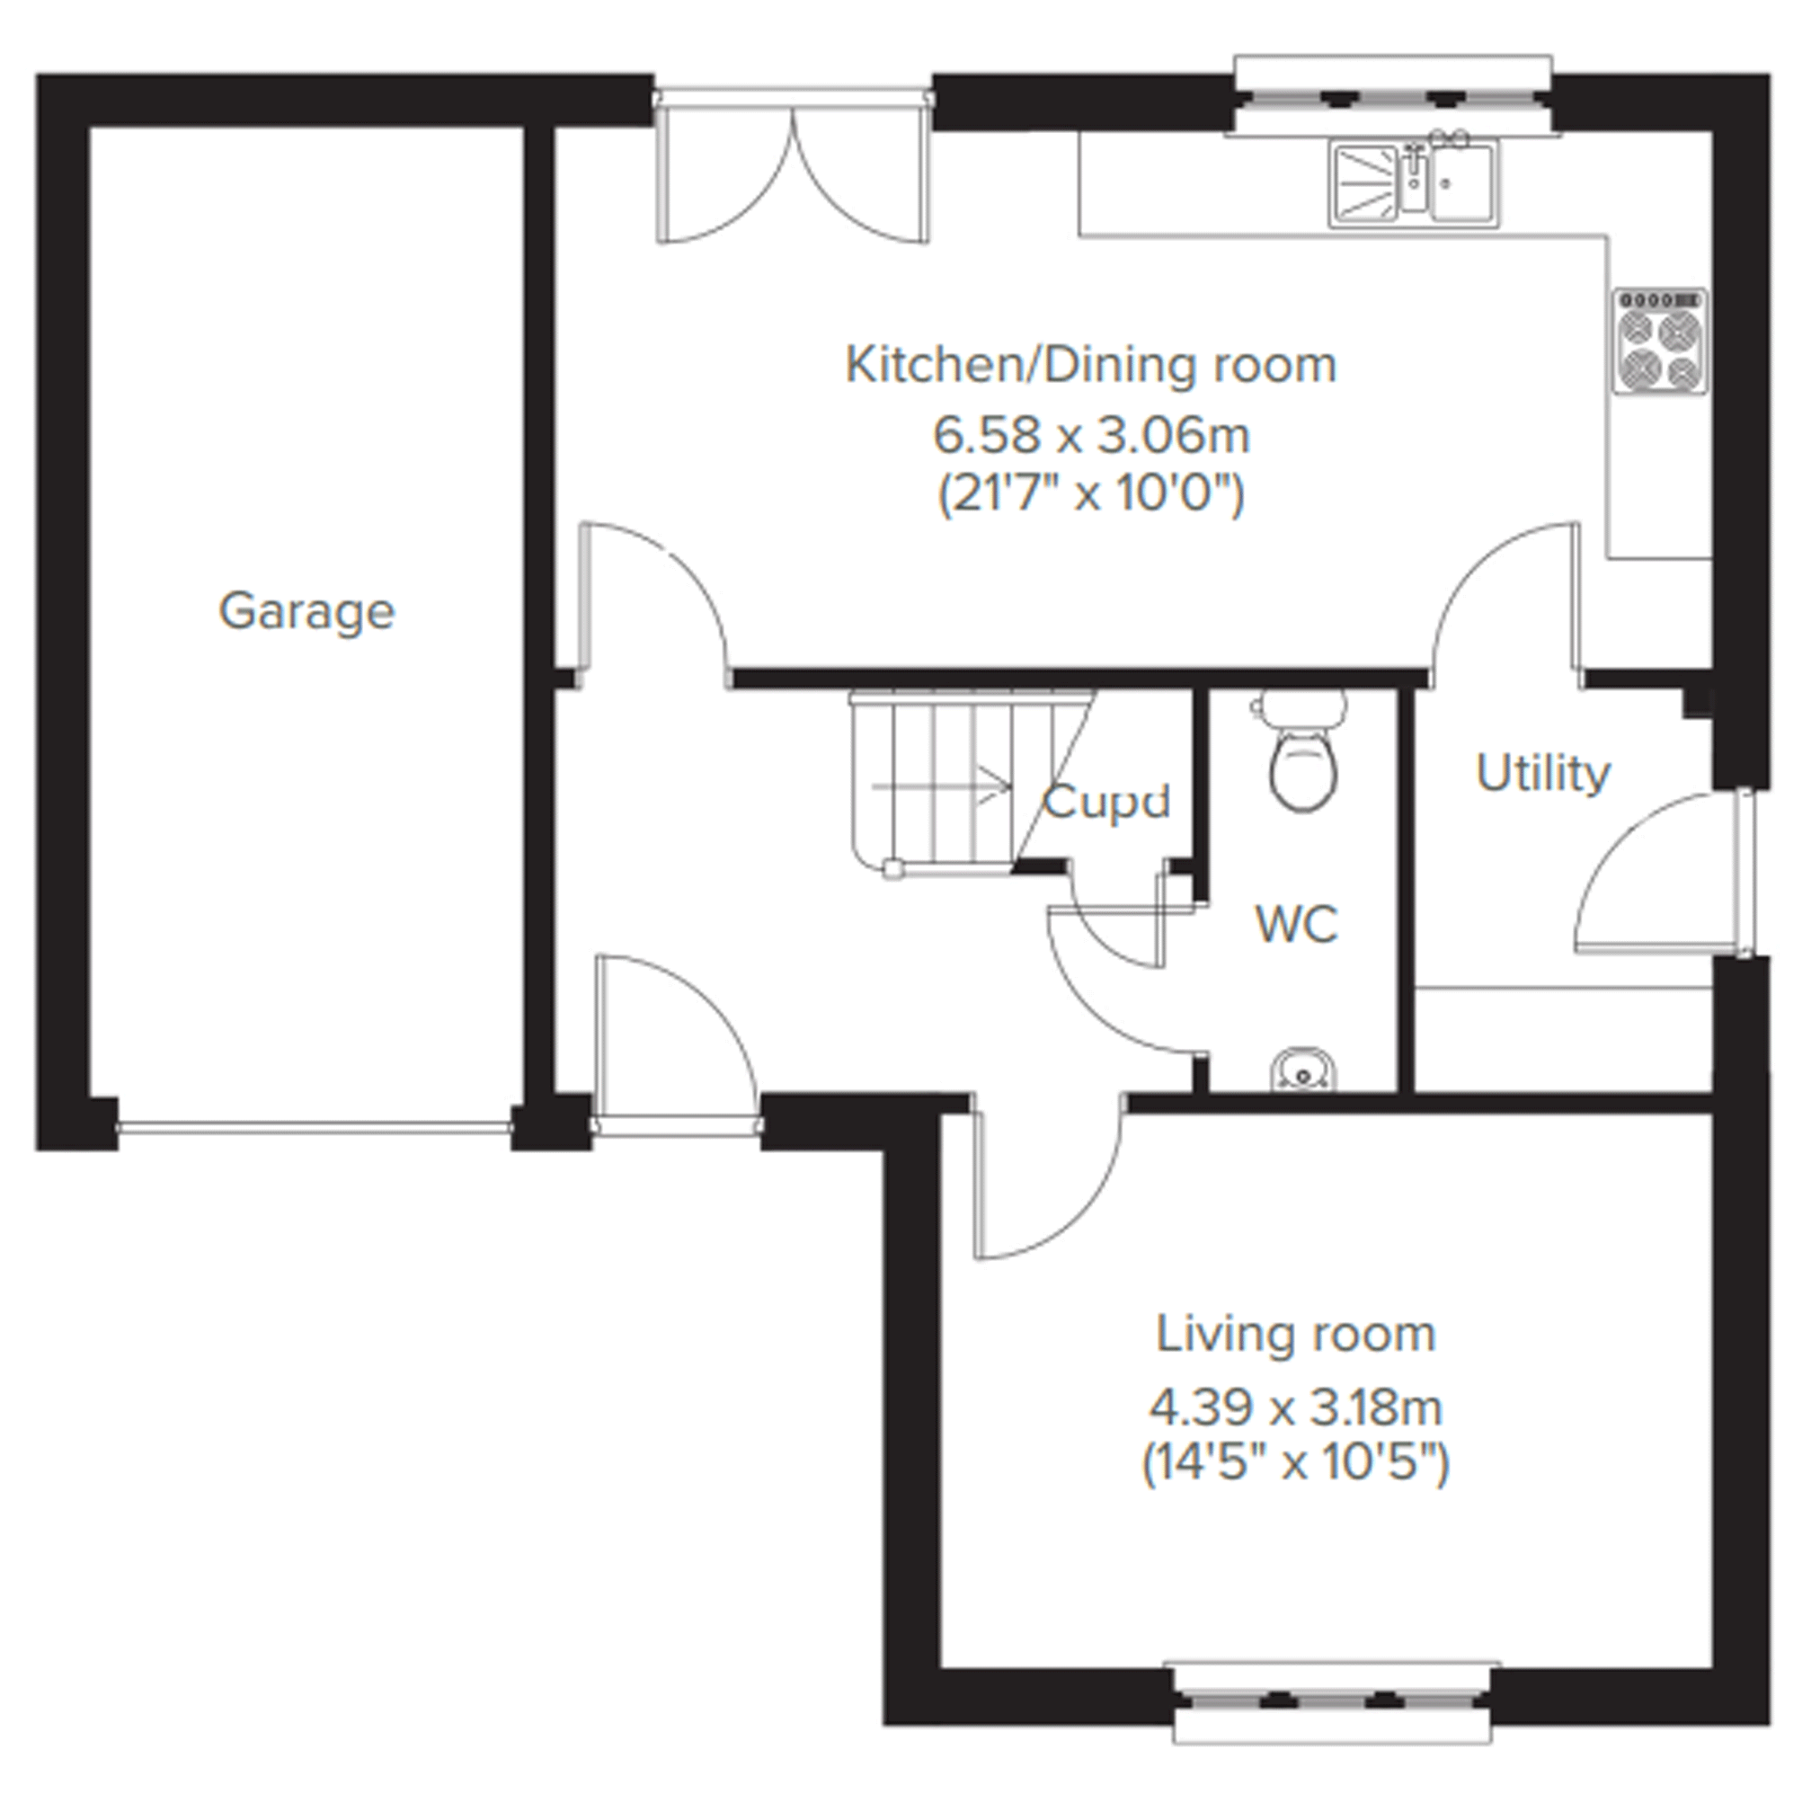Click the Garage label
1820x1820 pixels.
(307, 612)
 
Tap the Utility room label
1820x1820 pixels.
(1543, 775)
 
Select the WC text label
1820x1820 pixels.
(1297, 924)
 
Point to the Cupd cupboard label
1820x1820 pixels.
(1107, 803)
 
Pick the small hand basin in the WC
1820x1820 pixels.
(1303, 1072)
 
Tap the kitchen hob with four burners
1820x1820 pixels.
(1661, 341)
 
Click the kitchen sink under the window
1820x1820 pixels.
(1415, 182)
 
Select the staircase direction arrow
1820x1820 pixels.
(942, 784)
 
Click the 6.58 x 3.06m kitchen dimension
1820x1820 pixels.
(1091, 435)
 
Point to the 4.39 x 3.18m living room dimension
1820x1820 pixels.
(1295, 1409)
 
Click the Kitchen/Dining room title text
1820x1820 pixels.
(1091, 366)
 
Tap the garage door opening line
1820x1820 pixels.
(315, 1127)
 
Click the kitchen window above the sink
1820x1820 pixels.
(1392, 95)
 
